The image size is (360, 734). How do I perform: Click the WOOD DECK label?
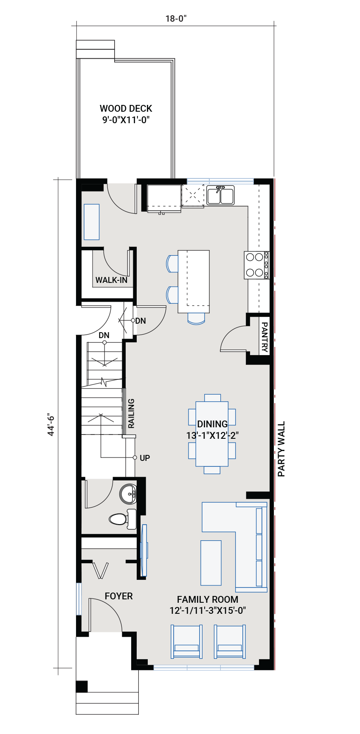click(x=126, y=109)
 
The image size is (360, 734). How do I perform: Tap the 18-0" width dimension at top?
click(x=176, y=19)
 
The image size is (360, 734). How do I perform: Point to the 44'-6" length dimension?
click(x=51, y=424)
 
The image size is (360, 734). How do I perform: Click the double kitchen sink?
click(x=220, y=196)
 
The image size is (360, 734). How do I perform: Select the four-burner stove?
click(x=256, y=265)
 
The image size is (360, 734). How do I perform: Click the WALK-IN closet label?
click(x=111, y=280)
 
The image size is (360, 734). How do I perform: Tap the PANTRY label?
click(x=264, y=337)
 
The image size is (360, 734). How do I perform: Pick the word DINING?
click(x=212, y=424)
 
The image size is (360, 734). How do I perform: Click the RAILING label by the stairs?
click(x=131, y=413)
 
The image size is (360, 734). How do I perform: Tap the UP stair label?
click(x=145, y=458)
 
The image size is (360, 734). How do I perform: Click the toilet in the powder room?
click(x=121, y=519)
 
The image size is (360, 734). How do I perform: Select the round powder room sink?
click(x=128, y=494)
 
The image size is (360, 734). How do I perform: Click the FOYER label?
click(x=118, y=596)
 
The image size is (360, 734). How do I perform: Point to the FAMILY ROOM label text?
click(x=207, y=600)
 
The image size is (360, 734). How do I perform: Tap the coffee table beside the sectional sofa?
click(x=211, y=562)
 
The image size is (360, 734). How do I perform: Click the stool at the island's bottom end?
click(x=196, y=318)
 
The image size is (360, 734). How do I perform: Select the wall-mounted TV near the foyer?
click(x=144, y=550)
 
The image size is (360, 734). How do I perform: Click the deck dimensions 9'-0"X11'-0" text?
click(x=126, y=120)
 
